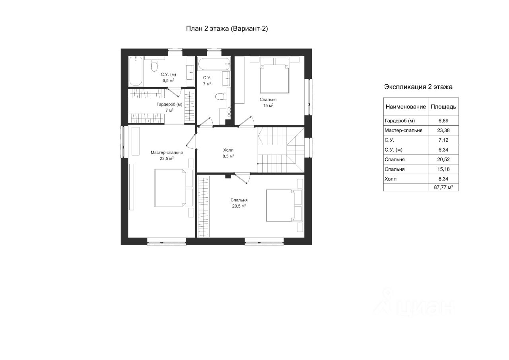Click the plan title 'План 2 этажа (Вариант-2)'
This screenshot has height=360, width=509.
[x=227, y=28]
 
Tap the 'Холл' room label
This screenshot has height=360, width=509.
[x=228, y=150]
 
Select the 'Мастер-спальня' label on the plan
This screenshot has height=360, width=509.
[x=167, y=152]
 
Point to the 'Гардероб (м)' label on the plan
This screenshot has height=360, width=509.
[x=169, y=104]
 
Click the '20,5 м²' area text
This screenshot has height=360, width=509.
[x=239, y=206]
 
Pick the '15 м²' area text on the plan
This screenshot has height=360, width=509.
[x=268, y=105]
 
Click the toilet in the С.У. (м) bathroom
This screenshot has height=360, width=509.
[x=154, y=65]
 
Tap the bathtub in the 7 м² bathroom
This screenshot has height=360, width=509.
[x=214, y=64]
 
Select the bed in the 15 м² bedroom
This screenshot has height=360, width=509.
[x=275, y=79]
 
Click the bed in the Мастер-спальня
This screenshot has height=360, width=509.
[x=174, y=188]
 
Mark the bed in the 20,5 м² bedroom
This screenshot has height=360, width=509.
[x=284, y=205]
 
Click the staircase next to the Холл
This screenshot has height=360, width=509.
[x=281, y=150]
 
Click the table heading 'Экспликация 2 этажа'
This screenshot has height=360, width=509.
[x=418, y=87]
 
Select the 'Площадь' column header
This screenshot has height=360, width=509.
[x=443, y=107]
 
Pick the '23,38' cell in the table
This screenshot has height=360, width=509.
[x=443, y=130]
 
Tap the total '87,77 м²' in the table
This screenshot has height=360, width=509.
[x=443, y=187]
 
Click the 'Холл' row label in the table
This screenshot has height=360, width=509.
[x=390, y=179]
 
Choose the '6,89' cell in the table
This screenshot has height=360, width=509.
[x=443, y=121]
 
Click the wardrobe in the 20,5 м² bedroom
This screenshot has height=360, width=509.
[x=204, y=206]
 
